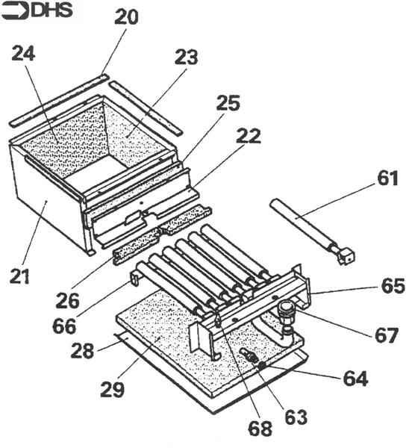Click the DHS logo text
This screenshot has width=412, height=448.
coord(52,10)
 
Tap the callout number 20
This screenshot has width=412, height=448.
coord(126,17)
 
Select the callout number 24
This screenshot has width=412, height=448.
coord(23,53)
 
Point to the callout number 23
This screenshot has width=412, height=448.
coord(187,57)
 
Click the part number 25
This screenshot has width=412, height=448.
coord(228,103)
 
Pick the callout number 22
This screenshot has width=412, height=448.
coord(249,136)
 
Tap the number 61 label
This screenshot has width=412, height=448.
coord(387,178)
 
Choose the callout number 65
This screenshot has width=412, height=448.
coord(393,285)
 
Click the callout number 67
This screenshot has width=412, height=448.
coord(387,335)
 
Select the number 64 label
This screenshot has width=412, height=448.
coord(355,379)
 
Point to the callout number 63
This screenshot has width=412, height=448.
coord(296,417)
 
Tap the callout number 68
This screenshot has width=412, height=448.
coord(260,429)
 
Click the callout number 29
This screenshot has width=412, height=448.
coord(113,390)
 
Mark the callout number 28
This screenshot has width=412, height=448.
coord(82,351)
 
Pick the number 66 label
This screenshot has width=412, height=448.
coord(64,326)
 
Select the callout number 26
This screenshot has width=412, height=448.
coord(67,301)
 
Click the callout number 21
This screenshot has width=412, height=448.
coord(19,276)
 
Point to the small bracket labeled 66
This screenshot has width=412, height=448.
coord(135,279)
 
